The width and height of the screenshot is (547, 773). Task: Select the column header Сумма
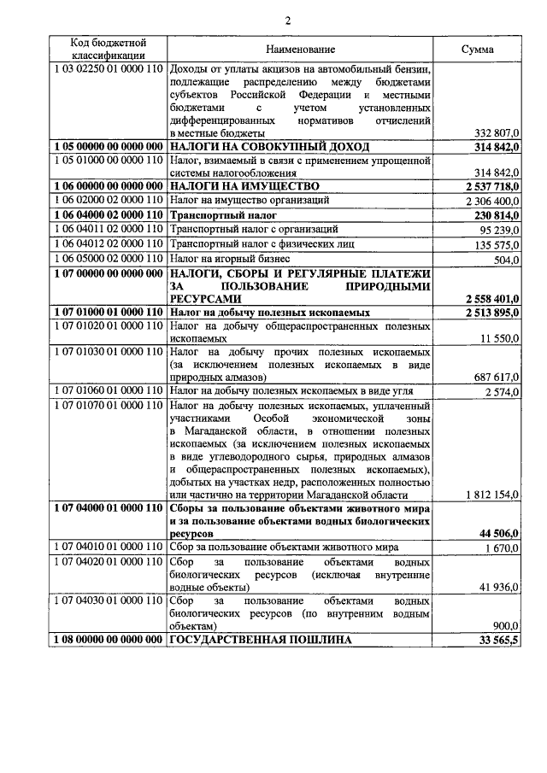[x=477, y=50]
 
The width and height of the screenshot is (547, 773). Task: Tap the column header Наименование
[x=300, y=50]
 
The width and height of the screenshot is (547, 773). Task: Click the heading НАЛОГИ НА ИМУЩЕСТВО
[x=244, y=185]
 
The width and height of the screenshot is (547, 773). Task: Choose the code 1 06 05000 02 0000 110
[x=108, y=258]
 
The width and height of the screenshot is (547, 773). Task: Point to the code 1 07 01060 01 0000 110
[x=108, y=390]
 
